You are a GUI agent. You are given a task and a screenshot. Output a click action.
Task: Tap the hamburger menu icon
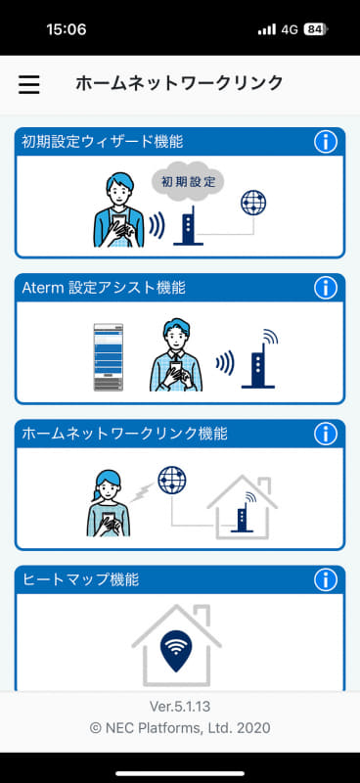pos(29,84)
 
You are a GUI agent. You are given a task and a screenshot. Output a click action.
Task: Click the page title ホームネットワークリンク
pos(179,83)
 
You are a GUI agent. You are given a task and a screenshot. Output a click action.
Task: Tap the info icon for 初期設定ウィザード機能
pos(325,142)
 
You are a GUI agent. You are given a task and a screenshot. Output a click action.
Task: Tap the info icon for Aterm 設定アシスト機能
pos(325,288)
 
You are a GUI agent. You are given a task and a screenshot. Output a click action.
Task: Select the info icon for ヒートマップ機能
pos(325,580)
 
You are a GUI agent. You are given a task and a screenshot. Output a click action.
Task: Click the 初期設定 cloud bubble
pos(188,182)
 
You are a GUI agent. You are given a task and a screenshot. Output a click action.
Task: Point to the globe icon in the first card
pos(253,203)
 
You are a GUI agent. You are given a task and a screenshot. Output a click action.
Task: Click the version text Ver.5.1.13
pos(180,706)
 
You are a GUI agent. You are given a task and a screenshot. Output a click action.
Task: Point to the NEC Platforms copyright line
pos(180,727)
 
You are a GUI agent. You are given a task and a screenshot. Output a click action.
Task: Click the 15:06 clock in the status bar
pos(66,29)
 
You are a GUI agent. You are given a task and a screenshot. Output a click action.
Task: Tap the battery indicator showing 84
pos(315,29)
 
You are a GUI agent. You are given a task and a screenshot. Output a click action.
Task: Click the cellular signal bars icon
pos(266,29)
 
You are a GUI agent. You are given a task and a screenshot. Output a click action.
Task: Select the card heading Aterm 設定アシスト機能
pos(104,288)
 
